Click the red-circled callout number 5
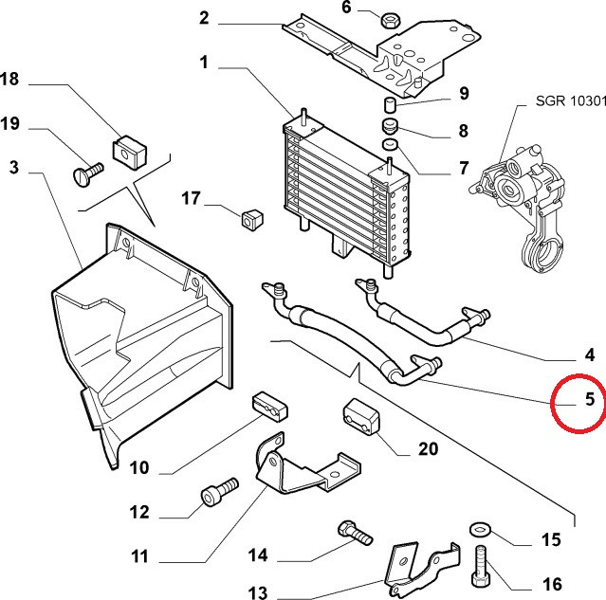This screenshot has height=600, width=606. click(589, 399)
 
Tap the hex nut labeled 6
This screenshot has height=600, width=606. click(390, 20)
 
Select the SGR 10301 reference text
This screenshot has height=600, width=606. click(571, 100)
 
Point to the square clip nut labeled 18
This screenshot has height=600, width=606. click(129, 153)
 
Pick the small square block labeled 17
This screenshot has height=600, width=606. click(252, 220)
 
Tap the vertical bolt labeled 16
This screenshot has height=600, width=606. click(482, 565)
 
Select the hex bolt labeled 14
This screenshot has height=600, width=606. click(355, 533)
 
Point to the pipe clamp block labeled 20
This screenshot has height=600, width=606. click(361, 416)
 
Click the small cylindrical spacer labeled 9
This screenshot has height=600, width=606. click(389, 104)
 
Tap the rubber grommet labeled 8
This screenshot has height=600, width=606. click(389, 126)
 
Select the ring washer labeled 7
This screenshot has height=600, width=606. click(390, 144)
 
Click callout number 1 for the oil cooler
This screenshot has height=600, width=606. click(204, 63)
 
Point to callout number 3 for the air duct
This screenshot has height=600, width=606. click(14, 167)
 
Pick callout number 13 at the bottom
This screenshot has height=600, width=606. click(257, 592)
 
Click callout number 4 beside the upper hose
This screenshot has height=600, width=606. click(589, 355)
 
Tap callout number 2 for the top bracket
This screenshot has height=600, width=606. click(204, 18)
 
